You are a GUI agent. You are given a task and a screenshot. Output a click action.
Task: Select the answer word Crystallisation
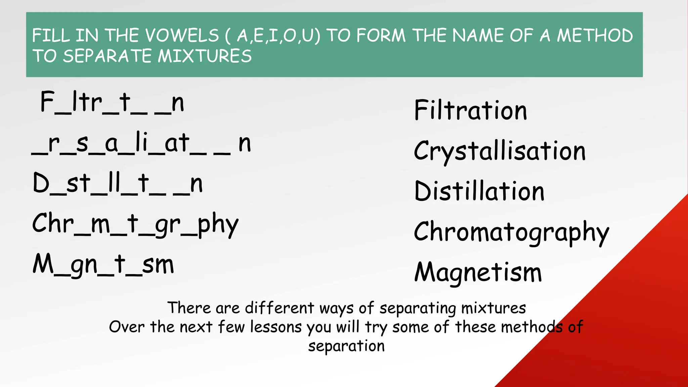pyautogui.click(x=500, y=151)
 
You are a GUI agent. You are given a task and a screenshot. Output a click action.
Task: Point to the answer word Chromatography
pyautogui.click(x=511, y=232)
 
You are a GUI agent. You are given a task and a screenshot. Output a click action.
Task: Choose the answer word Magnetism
pyautogui.click(x=478, y=272)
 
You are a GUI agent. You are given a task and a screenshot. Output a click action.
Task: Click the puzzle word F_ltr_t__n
pyautogui.click(x=112, y=102)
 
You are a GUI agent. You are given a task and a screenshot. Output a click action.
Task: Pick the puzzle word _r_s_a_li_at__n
pyautogui.click(x=141, y=144)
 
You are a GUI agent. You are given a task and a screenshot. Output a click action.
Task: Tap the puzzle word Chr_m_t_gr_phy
pyautogui.click(x=135, y=224)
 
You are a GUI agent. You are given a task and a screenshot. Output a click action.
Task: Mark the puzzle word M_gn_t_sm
pyautogui.click(x=103, y=265)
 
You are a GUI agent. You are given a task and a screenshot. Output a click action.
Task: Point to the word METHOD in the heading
pyautogui.click(x=595, y=36)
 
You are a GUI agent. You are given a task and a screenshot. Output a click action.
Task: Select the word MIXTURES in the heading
pyautogui.click(x=205, y=56)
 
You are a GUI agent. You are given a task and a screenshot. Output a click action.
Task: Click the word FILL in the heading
pyautogui.click(x=51, y=36)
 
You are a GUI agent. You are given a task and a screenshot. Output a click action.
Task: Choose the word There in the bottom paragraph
pyautogui.click(x=189, y=308)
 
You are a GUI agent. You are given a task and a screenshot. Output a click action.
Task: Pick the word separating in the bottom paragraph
pyautogui.click(x=417, y=308)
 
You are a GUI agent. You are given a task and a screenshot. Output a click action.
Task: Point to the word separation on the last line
pyautogui.click(x=346, y=346)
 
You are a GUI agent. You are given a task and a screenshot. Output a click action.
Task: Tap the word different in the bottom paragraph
pyautogui.click(x=279, y=308)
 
